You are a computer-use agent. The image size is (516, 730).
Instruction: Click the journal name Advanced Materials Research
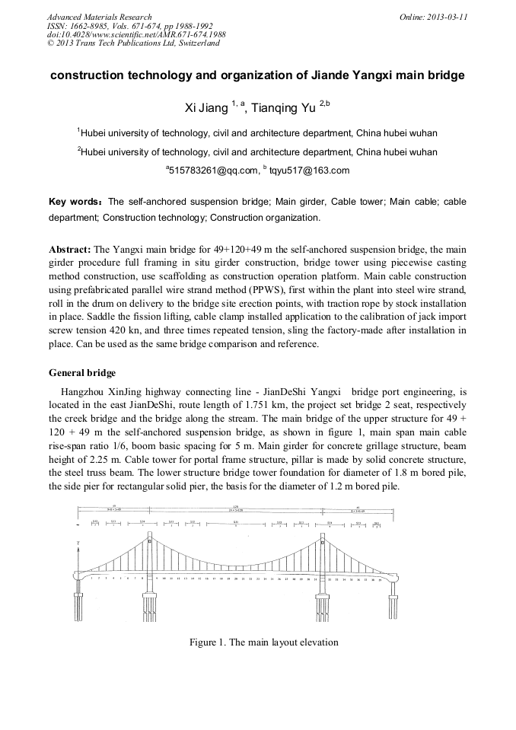[x=99, y=17]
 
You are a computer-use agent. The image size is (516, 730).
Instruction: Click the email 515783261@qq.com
[x=214, y=171]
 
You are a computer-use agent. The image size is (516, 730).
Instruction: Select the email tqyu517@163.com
[x=310, y=171]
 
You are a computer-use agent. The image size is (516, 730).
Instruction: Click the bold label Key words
[x=74, y=202]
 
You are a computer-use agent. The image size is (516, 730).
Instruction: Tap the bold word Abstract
[x=69, y=249]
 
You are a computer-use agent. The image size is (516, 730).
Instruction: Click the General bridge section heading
[x=82, y=373]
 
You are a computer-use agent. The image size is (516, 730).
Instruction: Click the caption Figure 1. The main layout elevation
[x=263, y=642]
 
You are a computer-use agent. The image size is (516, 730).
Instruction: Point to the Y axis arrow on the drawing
[x=78, y=544]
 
